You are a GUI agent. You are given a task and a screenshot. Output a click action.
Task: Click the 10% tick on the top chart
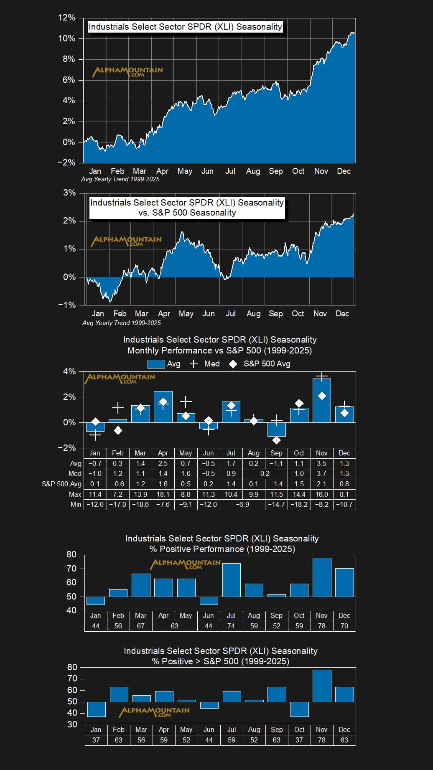point(66,38)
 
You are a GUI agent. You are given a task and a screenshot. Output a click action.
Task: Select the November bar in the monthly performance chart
point(321,400)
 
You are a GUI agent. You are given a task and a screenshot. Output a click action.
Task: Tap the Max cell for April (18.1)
point(163,494)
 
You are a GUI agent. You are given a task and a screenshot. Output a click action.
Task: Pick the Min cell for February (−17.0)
point(117,504)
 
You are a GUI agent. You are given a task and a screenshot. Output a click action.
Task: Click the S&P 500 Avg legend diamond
point(233,364)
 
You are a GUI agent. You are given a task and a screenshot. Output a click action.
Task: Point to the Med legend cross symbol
point(194,364)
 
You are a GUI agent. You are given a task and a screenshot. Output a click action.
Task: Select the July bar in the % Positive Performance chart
point(231,580)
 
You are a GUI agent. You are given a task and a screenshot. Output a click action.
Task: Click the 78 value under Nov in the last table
point(321,740)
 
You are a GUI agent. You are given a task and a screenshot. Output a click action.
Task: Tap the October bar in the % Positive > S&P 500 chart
point(299,709)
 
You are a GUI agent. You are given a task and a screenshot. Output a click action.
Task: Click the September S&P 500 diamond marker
point(276,440)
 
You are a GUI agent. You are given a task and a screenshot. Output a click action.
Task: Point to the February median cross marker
point(118,408)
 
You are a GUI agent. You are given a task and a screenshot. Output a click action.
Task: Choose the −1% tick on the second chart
point(67,305)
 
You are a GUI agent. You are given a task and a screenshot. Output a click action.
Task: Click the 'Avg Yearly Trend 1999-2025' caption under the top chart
point(120,179)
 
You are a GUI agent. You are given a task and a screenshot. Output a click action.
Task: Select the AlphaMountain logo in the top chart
point(127,71)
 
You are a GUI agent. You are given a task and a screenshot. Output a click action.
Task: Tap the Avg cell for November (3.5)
point(321,463)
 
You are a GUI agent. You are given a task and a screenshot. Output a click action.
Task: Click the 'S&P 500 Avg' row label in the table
point(61,484)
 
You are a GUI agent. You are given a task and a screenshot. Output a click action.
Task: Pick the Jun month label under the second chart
point(208,313)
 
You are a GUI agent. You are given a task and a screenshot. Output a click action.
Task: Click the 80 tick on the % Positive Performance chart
point(71,554)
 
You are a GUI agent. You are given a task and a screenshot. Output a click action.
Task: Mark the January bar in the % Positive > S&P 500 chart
point(96,709)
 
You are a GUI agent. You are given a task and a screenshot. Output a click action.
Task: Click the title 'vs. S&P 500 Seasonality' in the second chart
point(187,213)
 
